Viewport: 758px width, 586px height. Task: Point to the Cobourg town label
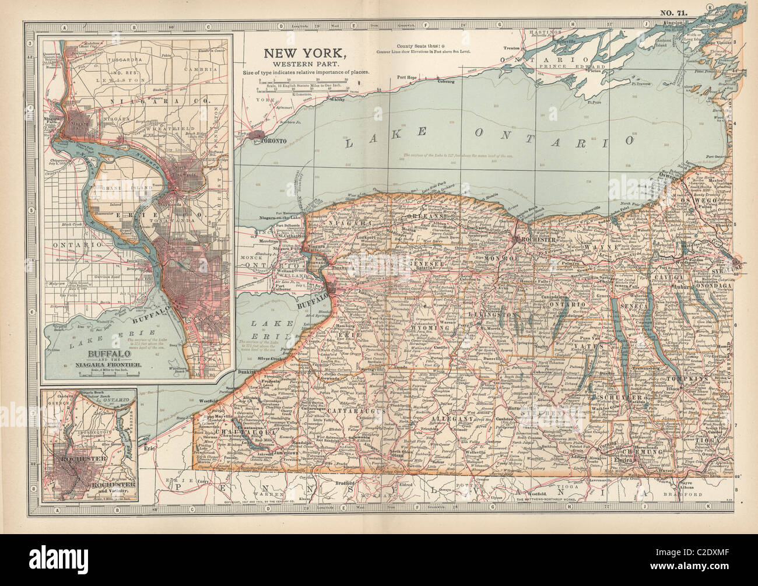(446, 82)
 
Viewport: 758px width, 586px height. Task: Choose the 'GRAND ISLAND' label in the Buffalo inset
(124, 188)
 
